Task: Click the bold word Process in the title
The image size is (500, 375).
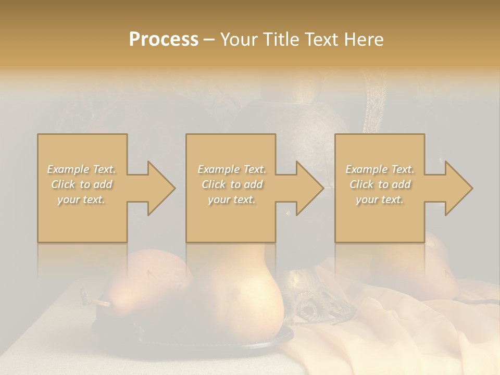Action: (164, 40)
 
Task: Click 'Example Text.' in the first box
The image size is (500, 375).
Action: (82, 169)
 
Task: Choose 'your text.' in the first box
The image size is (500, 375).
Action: (82, 199)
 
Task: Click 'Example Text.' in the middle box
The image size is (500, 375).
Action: (232, 169)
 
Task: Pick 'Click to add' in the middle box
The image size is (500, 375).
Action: (232, 184)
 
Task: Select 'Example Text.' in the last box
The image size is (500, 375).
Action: (380, 169)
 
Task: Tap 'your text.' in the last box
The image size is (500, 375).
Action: (380, 199)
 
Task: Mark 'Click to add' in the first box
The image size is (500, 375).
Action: (82, 184)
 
